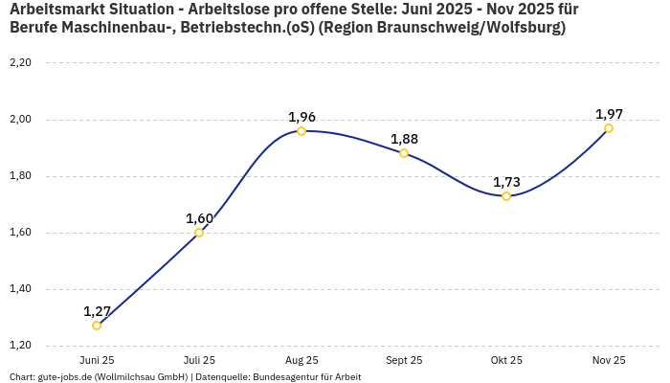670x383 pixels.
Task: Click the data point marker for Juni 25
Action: (97, 326)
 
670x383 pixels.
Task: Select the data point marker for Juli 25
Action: (199, 233)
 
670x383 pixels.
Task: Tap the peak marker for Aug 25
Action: (301, 131)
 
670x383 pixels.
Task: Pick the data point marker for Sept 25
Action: (404, 153)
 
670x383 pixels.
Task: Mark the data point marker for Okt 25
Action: (506, 196)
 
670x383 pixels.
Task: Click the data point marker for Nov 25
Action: (609, 128)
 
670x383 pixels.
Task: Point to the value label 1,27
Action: (97, 311)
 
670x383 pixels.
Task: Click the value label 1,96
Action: (301, 117)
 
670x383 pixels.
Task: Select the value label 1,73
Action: (506, 182)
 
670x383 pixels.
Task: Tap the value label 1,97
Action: (609, 114)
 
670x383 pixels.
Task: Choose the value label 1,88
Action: (404, 139)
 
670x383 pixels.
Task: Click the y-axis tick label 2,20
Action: (20, 63)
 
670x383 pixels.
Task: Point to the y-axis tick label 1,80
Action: (20, 176)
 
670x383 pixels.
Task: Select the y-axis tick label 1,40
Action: (20, 289)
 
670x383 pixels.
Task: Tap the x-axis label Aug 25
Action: (301, 360)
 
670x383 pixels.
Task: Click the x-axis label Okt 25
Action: (506, 360)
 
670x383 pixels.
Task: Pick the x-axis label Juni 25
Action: (97, 360)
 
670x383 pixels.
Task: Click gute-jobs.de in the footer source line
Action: (63, 377)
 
